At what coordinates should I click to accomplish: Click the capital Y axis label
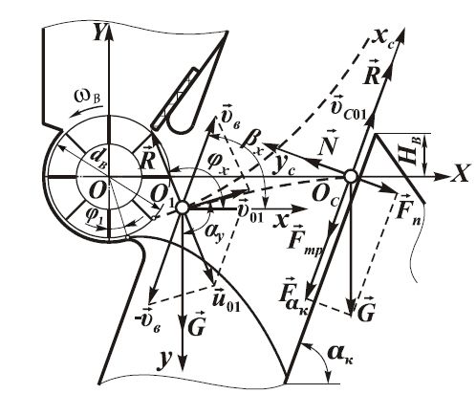click(x=98, y=32)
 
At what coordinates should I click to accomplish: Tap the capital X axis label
click(x=460, y=174)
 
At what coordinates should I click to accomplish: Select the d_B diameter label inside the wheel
click(x=97, y=157)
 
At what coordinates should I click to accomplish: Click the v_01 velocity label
click(x=251, y=211)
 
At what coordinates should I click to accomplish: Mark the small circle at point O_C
click(x=351, y=177)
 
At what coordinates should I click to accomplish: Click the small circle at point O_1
click(x=183, y=208)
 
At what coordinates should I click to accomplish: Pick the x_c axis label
click(x=383, y=40)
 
